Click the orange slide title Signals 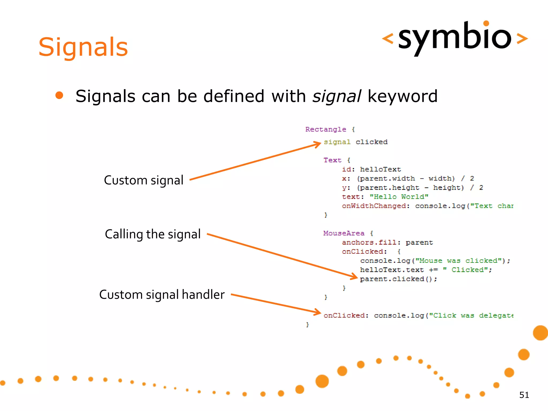tap(83, 47)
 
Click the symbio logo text tap(455, 38)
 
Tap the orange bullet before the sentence tap(59, 96)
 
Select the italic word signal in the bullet tap(337, 96)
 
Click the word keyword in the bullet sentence tap(402, 96)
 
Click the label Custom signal tap(143, 180)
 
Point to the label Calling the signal tap(153, 234)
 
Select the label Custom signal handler tap(162, 295)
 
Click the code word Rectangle tap(326, 130)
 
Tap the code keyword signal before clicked tap(337, 142)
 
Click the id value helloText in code tap(380, 169)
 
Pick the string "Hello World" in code tap(399, 197)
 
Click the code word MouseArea tap(344, 233)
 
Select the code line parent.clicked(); tap(398, 279)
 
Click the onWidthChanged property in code tap(374, 206)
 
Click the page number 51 tap(524, 395)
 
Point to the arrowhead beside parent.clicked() tap(355, 276)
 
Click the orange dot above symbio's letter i tap(486, 23)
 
